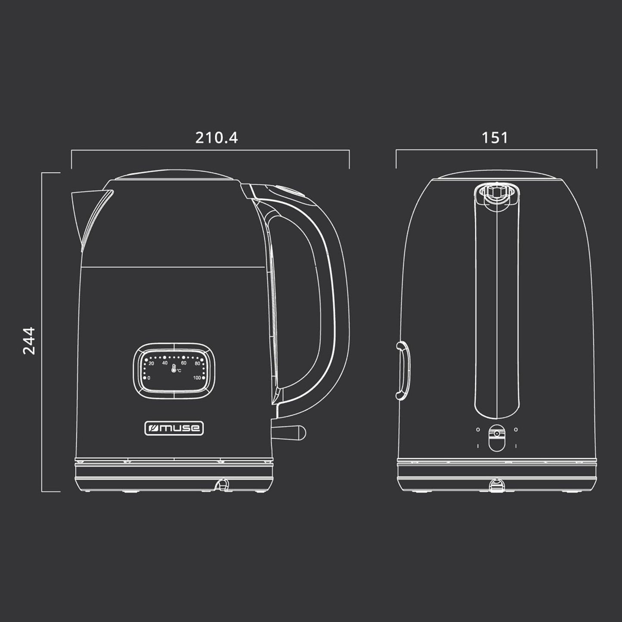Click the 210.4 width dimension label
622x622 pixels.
(217, 138)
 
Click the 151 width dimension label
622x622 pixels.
(495, 138)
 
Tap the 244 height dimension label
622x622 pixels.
(29, 341)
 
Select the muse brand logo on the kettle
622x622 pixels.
(174, 428)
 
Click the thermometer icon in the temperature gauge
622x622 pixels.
(173, 368)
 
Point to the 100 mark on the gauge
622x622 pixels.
(197, 378)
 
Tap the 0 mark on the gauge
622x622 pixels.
(149, 378)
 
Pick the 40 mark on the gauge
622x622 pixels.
(165, 363)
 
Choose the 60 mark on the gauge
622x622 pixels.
(184, 363)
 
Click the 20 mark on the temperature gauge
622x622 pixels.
(152, 363)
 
